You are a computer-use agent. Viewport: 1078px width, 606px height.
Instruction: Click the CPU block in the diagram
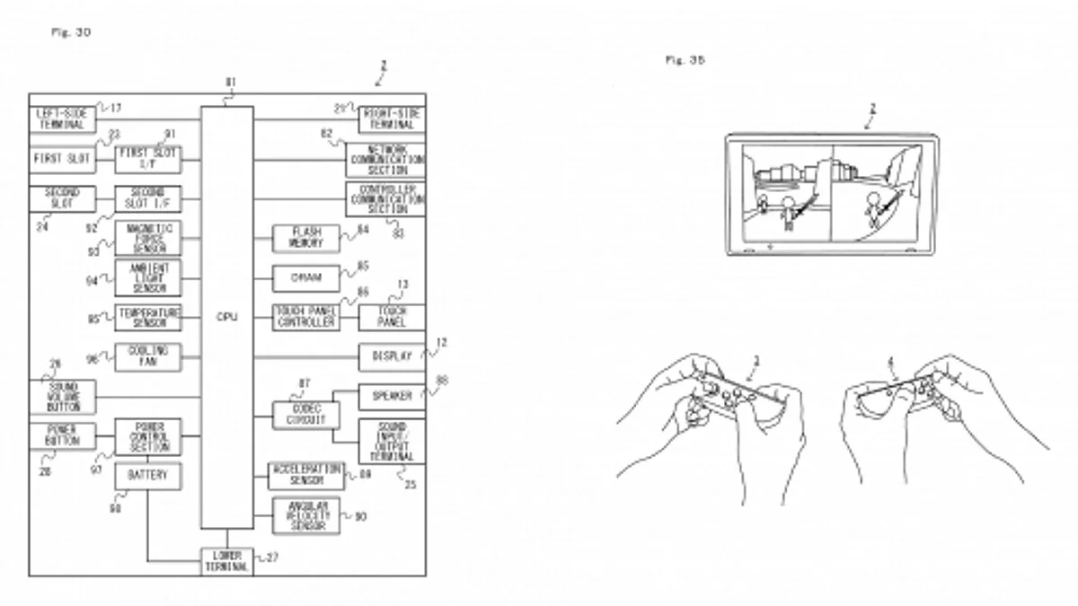point(226,317)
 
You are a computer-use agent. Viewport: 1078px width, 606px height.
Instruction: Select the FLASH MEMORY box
point(305,238)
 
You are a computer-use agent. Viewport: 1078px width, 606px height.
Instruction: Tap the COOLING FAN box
point(147,356)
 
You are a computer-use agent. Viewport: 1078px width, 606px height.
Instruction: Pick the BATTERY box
point(147,476)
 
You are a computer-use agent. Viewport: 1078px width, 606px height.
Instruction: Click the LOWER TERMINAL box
point(227,561)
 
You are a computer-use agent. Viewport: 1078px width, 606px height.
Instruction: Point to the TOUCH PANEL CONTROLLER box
point(305,316)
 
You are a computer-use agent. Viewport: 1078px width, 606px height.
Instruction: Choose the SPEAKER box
point(392,396)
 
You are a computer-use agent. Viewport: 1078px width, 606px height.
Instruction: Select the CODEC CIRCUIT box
point(305,415)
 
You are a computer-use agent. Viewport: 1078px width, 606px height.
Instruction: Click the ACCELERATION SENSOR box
point(305,475)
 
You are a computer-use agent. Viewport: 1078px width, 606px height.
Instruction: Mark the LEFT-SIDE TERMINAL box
point(61,119)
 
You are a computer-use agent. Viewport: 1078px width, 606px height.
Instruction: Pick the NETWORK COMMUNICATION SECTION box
point(386,159)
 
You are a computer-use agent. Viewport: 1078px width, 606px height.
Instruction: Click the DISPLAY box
point(392,356)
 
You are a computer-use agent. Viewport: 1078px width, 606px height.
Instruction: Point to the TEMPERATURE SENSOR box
point(147,316)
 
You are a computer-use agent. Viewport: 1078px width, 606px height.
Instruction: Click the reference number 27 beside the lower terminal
point(272,558)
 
